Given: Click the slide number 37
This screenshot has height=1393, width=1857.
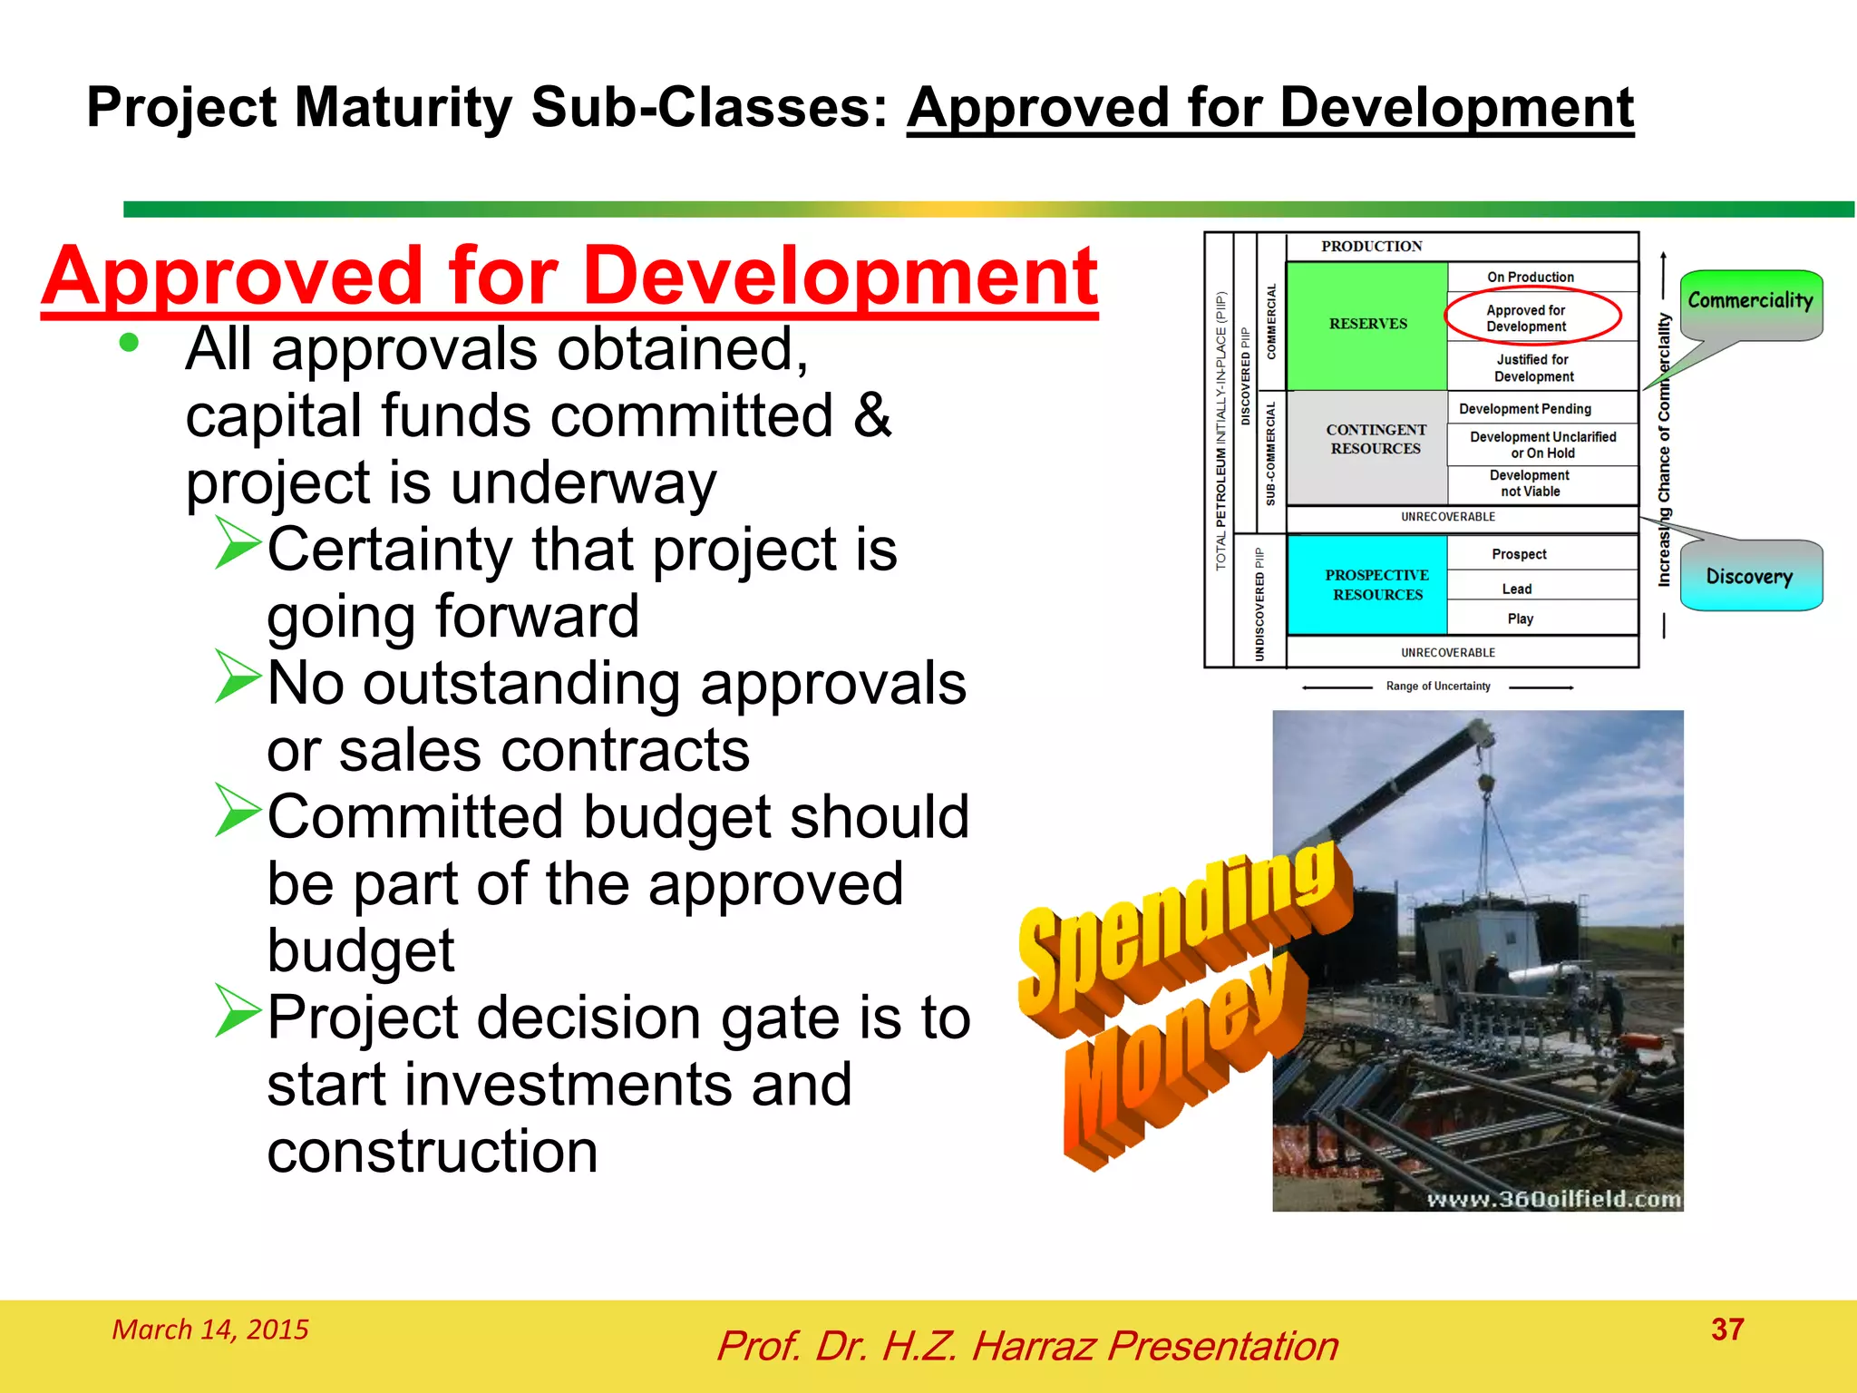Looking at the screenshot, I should (1726, 1330).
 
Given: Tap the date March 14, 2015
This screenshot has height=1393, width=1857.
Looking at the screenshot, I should (209, 1330).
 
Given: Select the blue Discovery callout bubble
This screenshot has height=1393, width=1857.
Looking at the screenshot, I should (1750, 577).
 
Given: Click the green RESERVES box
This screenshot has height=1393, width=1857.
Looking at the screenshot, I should (1366, 325).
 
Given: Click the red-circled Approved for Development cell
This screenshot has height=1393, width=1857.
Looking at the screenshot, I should (1531, 318).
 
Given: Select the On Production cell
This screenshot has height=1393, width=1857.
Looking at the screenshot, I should (1531, 277).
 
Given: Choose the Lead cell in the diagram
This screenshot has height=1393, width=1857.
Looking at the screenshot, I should (1517, 589).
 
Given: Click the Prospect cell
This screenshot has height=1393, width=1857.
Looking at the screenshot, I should (1519, 554).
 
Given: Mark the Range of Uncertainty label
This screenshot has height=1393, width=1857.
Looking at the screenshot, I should (1437, 687).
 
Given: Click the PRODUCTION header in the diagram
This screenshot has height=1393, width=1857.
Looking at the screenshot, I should (1371, 247).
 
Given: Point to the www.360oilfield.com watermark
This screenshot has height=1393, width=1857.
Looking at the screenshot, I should (1553, 1199).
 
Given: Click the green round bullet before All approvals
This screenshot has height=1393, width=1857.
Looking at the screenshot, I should (129, 343).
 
